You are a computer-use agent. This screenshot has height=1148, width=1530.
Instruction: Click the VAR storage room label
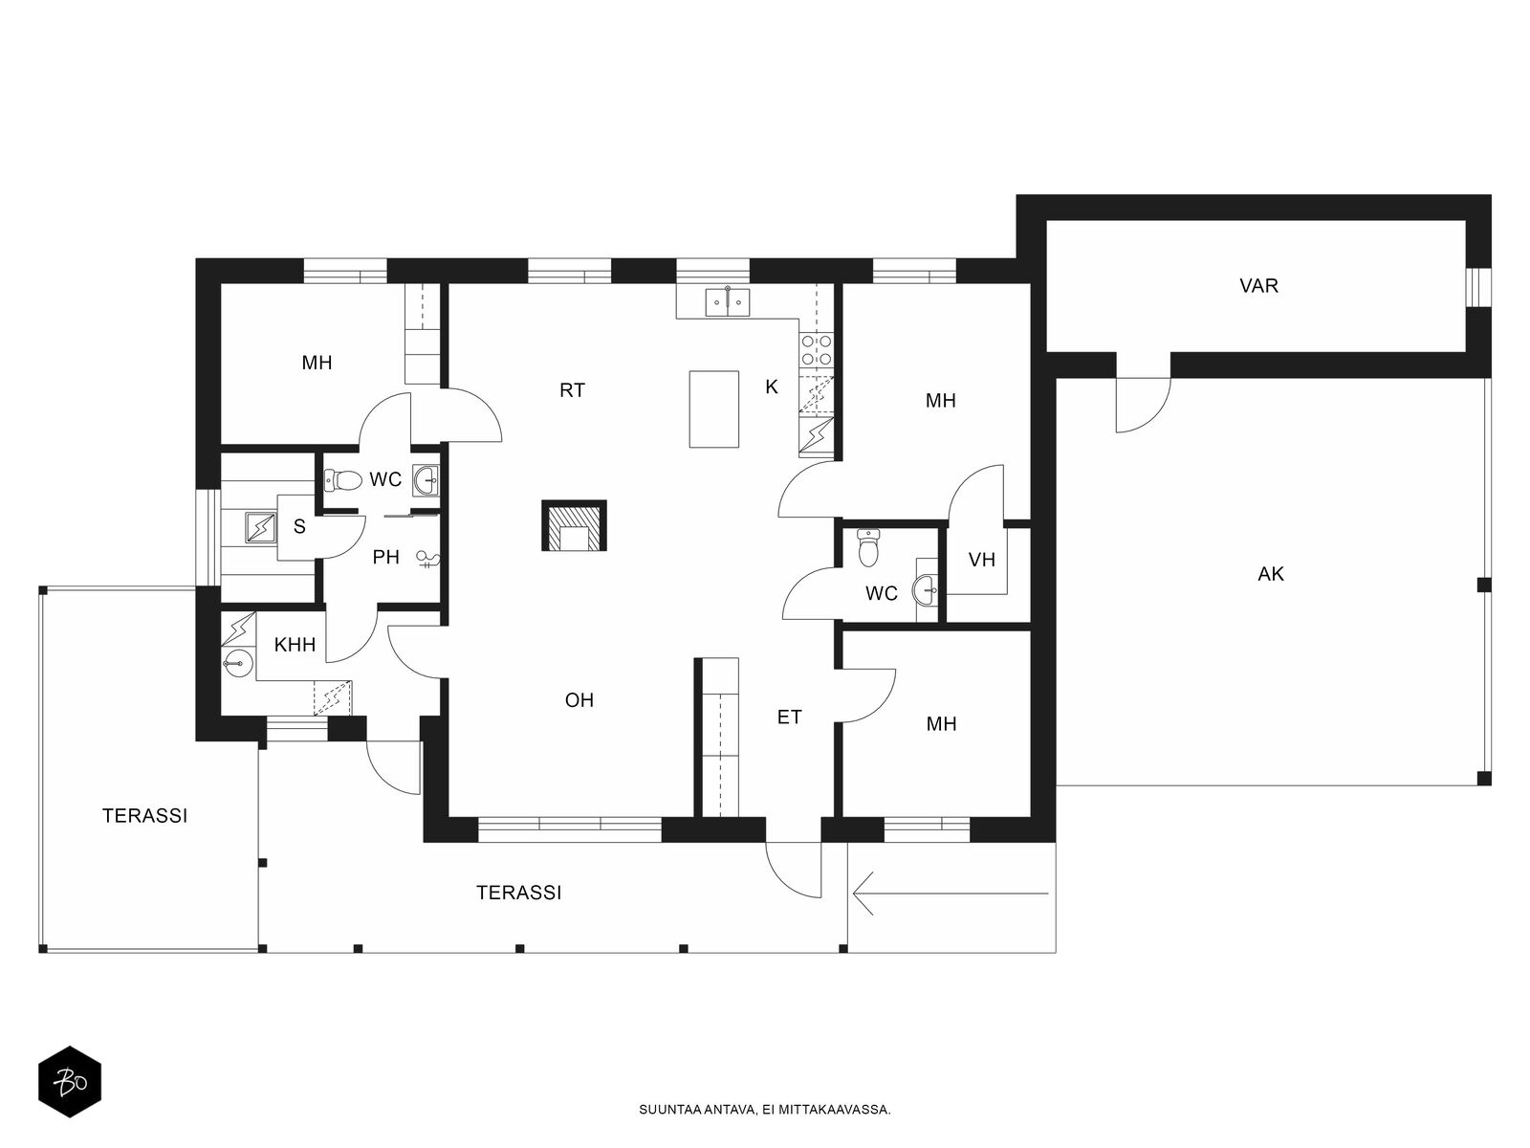[x=1258, y=286]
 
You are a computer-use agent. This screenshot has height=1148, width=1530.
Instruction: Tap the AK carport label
[x=1270, y=574]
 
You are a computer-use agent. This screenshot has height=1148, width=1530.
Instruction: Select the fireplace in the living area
[x=574, y=525]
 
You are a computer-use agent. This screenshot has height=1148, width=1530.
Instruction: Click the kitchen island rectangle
[x=713, y=408]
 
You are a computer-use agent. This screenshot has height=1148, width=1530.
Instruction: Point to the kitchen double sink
[x=727, y=301]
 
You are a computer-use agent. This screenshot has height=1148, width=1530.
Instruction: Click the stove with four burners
[x=817, y=350]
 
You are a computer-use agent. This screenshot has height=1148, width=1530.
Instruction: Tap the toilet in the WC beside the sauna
[x=343, y=479]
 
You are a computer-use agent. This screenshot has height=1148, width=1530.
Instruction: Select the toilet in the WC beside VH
[x=868, y=547]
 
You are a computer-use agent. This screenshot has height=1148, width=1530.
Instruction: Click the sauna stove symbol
[x=261, y=528]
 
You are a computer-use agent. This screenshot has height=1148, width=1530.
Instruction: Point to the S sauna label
[x=299, y=527]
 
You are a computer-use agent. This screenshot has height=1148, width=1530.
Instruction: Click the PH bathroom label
[x=386, y=557]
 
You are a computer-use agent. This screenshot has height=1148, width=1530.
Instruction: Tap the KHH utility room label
[x=295, y=645]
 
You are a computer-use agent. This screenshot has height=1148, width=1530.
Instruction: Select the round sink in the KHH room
[x=238, y=661]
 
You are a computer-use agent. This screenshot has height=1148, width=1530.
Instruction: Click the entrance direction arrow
[x=951, y=893]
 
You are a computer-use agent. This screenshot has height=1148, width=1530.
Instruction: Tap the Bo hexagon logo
[x=70, y=1081]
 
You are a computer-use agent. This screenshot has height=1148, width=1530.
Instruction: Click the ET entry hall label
[x=789, y=717]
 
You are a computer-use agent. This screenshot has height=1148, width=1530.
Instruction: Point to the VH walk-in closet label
[x=981, y=560]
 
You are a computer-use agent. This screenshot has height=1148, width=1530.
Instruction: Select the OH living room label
[x=579, y=700]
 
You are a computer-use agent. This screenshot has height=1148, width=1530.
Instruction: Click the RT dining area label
[x=572, y=390]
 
